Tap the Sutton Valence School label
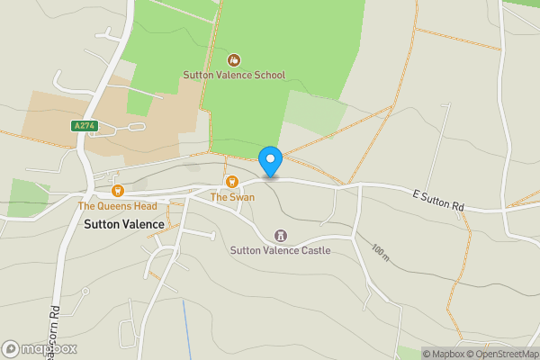click(x=233, y=76)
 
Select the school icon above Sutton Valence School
click(x=233, y=60)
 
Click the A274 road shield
click(x=84, y=126)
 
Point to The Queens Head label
click(x=117, y=206)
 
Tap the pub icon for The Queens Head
click(x=117, y=191)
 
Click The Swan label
click(x=232, y=197)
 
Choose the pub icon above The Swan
click(x=232, y=182)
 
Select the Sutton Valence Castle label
click(x=280, y=250)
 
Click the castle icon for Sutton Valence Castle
click(x=280, y=235)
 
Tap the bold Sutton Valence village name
click(x=124, y=224)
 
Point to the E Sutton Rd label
click(x=438, y=201)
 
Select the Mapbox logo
click(x=40, y=348)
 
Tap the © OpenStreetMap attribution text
click(x=501, y=354)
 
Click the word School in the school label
click(x=267, y=76)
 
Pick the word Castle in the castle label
click(x=313, y=250)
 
